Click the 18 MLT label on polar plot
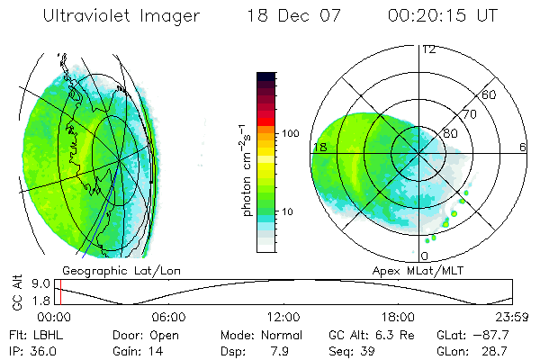pyautogui.click(x=319, y=147)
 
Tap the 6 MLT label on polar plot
pyautogui.click(x=523, y=147)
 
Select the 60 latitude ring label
pyautogui.click(x=490, y=94)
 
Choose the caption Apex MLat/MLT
pyautogui.click(x=410, y=270)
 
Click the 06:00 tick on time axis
pyautogui.click(x=168, y=317)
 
